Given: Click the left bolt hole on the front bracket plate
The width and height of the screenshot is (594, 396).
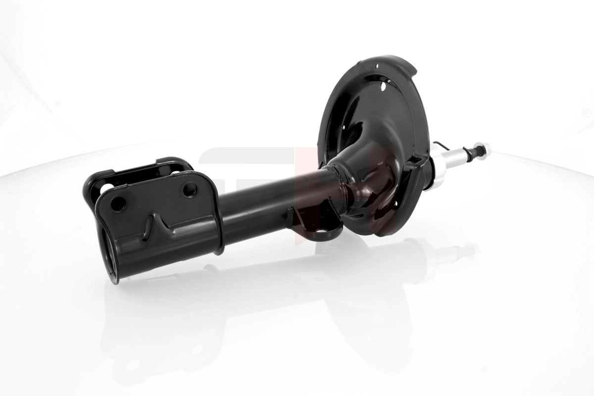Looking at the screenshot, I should pyautogui.click(x=118, y=203).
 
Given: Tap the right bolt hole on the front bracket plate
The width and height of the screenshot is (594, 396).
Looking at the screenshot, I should pyautogui.click(x=190, y=189).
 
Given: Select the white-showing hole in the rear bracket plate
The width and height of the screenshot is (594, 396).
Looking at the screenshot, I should pyautogui.click(x=106, y=188).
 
